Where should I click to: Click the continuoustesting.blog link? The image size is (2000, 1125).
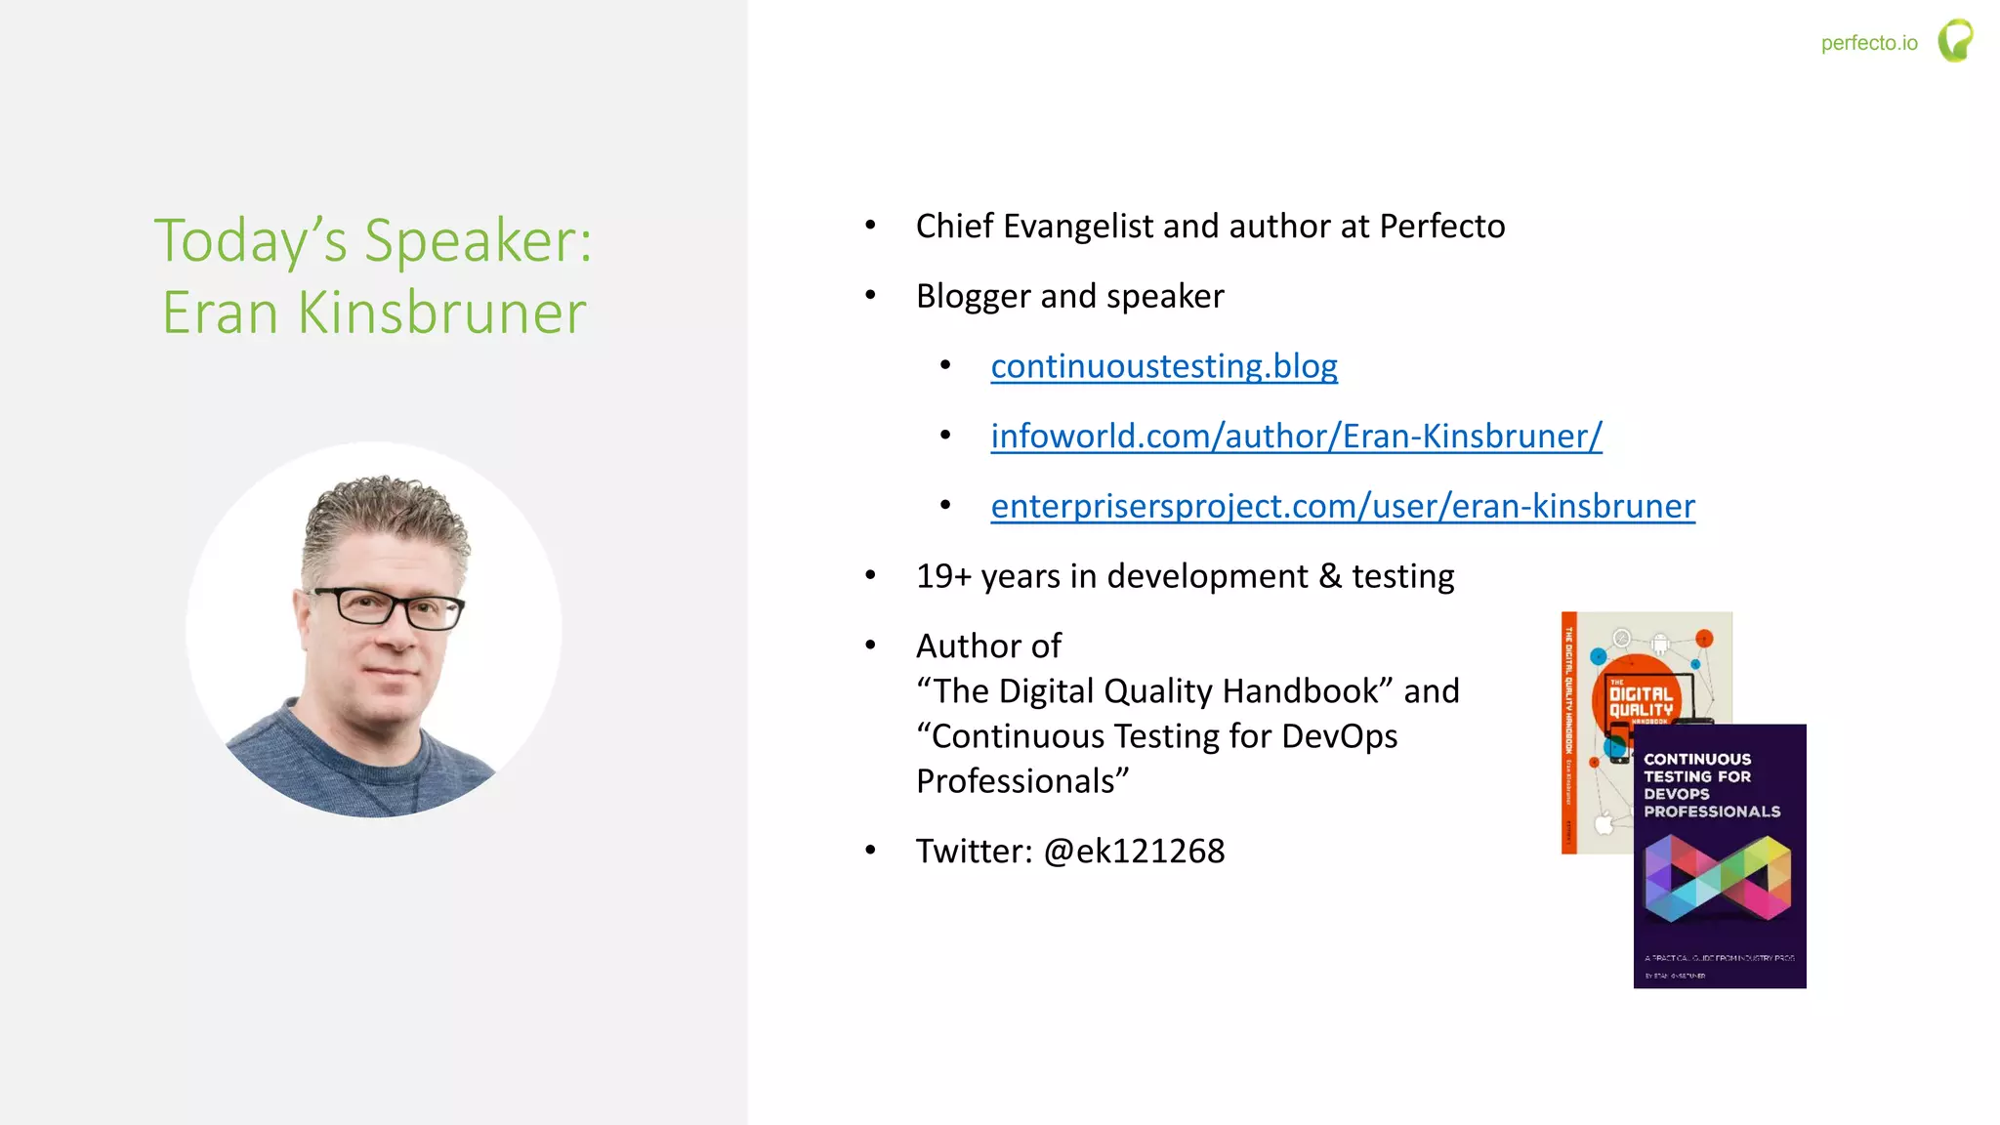tap(1163, 366)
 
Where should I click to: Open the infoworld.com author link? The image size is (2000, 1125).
tap(1296, 437)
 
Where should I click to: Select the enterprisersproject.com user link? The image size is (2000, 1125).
tap(1343, 507)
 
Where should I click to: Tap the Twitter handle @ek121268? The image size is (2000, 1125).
tap(1134, 852)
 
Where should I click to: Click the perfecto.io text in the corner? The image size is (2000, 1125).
tap(1868, 43)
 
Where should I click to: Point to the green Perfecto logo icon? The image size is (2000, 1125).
tap(1955, 41)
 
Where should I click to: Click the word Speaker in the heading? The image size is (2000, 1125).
tap(479, 240)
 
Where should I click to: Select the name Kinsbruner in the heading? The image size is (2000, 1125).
tap(441, 313)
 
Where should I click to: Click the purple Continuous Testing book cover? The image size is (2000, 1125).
tap(1720, 856)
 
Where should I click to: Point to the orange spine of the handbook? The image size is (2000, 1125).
tap(1569, 732)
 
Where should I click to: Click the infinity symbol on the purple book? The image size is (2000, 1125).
tap(1718, 878)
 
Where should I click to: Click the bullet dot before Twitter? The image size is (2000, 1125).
tap(870, 851)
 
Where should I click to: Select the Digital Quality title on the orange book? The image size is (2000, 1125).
tap(1641, 701)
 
